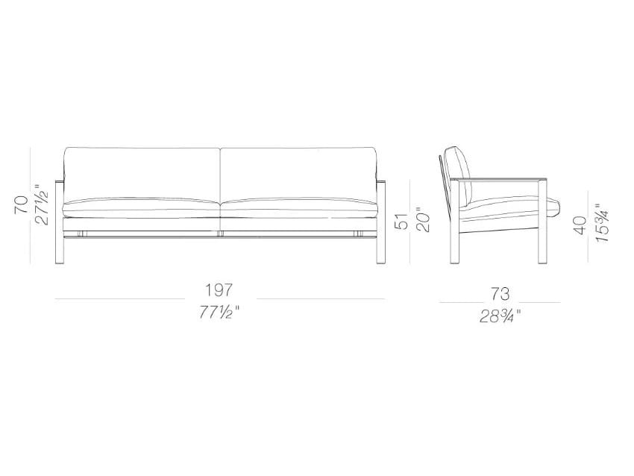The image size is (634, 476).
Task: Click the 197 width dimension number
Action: pos(219,290)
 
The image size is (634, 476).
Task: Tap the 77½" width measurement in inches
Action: pos(219,312)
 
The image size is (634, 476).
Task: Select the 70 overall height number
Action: pos(22,205)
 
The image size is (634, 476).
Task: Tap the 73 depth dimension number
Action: pos(500,294)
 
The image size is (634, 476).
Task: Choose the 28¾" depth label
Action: pos(500,316)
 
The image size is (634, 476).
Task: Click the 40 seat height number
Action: pos(580,225)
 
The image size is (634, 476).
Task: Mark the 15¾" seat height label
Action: pos(602,222)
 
